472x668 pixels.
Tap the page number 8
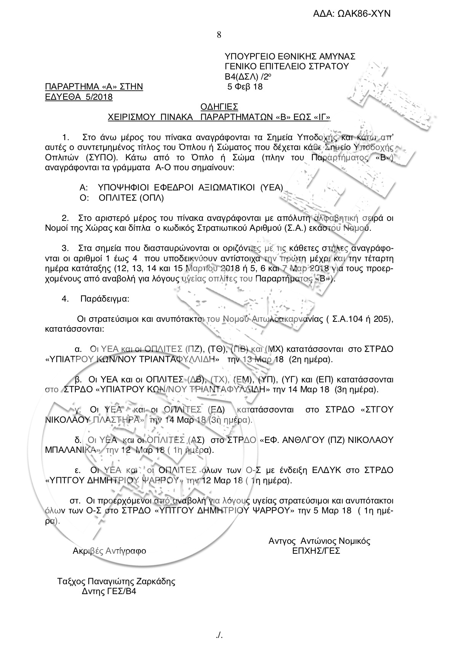pos(219,35)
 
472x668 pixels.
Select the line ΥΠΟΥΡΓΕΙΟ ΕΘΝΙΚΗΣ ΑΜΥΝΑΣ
pos(290,57)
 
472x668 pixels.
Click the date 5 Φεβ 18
pos(245,87)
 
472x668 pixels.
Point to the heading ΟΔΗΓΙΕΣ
pos(219,106)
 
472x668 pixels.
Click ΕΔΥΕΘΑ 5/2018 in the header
pos(79,97)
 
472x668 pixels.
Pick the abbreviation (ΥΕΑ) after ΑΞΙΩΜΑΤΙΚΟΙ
pos(272,187)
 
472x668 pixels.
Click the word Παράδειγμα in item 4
pos(105,299)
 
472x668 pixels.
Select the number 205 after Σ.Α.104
pos(383,319)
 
